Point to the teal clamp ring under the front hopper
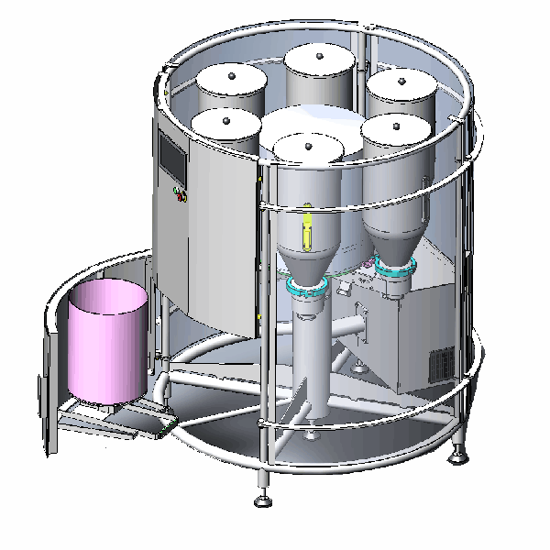(306, 290)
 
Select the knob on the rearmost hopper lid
(319, 56)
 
